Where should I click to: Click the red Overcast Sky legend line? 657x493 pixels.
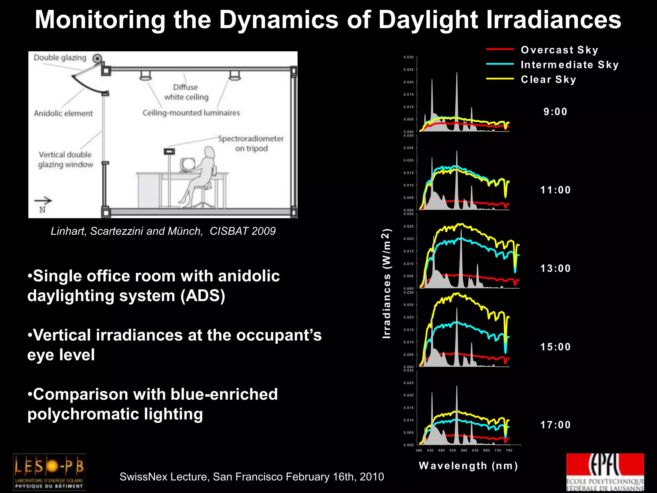point(500,49)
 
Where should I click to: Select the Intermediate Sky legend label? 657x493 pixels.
point(569,65)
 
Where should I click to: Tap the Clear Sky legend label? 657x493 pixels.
point(548,80)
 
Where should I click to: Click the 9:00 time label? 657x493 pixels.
point(555,112)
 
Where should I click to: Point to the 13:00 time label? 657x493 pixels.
point(555,268)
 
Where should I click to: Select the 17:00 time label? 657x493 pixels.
point(555,425)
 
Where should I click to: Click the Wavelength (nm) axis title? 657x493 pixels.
point(468,466)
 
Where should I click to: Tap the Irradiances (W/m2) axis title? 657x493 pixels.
point(387,284)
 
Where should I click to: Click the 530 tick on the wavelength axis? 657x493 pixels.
point(453,450)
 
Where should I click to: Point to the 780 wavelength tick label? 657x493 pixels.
point(509,450)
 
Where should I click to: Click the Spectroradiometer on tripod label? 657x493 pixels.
point(251,143)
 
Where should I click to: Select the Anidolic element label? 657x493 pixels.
point(63,113)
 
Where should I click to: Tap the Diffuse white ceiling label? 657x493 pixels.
point(186,92)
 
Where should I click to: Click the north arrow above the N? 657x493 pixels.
point(43,201)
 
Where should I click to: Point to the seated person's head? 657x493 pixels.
point(209,153)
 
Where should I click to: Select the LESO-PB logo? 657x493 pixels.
point(49,471)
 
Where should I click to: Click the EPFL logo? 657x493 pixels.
point(605,472)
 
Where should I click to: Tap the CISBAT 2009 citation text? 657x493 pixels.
point(243,231)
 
